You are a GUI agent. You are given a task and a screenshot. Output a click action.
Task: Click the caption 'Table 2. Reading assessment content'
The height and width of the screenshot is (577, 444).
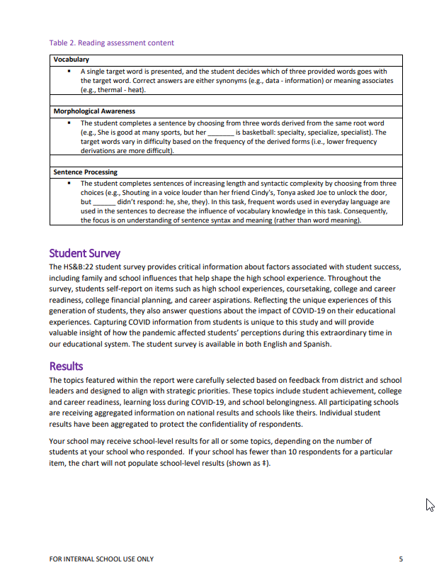point(111,43)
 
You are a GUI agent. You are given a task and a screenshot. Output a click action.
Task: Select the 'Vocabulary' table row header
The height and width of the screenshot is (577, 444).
point(72,60)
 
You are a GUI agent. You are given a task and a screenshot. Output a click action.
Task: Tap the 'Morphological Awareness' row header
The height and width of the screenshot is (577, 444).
point(94,111)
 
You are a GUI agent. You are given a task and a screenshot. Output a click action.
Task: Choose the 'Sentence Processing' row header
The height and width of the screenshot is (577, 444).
point(86,172)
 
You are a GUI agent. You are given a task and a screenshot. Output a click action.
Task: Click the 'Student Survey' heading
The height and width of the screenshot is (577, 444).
point(84,253)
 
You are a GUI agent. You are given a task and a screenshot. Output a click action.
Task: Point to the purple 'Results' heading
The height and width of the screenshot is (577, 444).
point(66,366)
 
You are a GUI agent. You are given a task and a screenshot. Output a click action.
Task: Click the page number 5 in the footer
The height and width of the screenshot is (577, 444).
point(401,559)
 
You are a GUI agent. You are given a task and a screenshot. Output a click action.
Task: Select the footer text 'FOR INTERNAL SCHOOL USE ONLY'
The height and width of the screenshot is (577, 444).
point(101,559)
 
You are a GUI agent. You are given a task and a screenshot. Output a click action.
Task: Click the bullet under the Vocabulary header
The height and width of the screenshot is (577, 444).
point(69,72)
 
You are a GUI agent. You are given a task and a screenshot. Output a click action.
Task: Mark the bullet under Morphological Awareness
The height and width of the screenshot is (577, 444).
point(69,123)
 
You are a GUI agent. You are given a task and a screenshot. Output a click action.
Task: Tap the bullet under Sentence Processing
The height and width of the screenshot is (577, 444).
point(69,184)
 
